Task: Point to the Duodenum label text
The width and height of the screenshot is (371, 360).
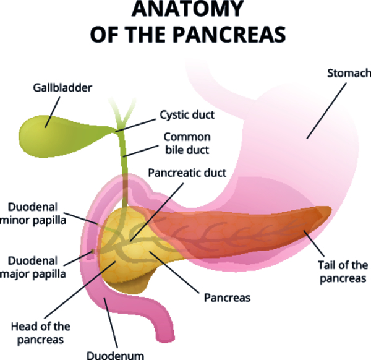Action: (115, 355)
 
